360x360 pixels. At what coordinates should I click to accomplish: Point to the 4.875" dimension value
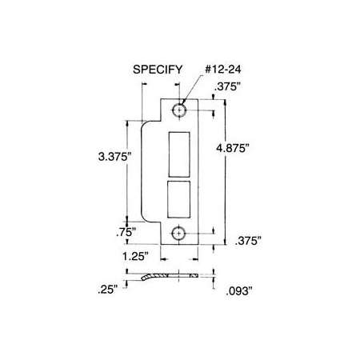(250, 149)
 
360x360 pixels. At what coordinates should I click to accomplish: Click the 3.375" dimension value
(106, 159)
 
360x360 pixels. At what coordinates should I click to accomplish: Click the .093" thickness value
(240, 290)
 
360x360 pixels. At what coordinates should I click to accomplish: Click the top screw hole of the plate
(178, 110)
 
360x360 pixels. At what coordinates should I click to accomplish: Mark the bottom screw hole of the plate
(178, 234)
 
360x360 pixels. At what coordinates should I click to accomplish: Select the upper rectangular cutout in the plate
(178, 154)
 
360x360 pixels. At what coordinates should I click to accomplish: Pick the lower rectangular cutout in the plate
(178, 201)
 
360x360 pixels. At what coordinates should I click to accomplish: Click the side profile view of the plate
(168, 276)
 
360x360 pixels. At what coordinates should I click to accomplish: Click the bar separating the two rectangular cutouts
(178, 180)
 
